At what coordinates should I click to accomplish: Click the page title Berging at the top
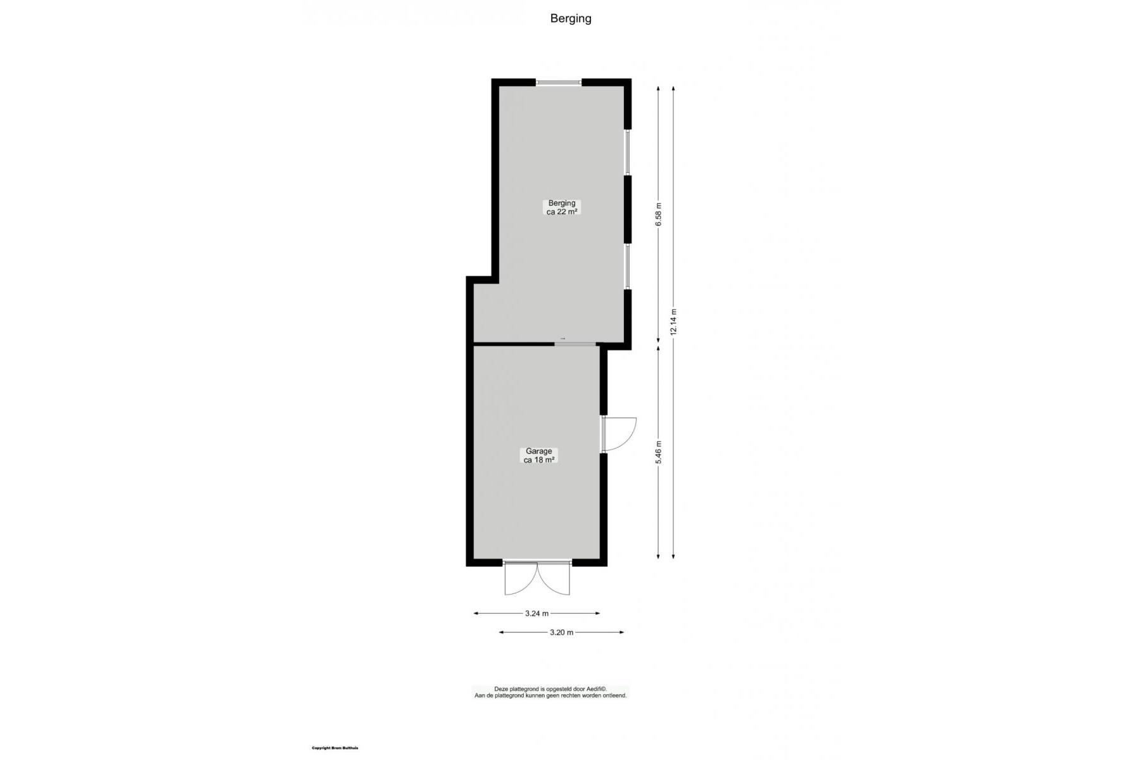click(571, 18)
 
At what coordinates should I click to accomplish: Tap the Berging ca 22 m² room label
click(562, 208)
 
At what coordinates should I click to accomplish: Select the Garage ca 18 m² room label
click(539, 456)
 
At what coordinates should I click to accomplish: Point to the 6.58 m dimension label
click(659, 214)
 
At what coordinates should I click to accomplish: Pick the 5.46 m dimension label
click(659, 452)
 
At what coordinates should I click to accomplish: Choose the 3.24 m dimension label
click(536, 613)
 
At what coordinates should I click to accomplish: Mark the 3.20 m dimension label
click(561, 632)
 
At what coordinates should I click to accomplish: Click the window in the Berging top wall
click(559, 82)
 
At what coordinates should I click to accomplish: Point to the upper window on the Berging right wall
click(628, 152)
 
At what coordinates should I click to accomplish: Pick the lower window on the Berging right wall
click(628, 266)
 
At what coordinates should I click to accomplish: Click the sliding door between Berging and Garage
click(576, 344)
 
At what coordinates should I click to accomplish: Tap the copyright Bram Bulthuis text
click(335, 748)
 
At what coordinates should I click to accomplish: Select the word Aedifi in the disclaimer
click(594, 689)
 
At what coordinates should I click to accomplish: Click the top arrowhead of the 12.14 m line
click(673, 89)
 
